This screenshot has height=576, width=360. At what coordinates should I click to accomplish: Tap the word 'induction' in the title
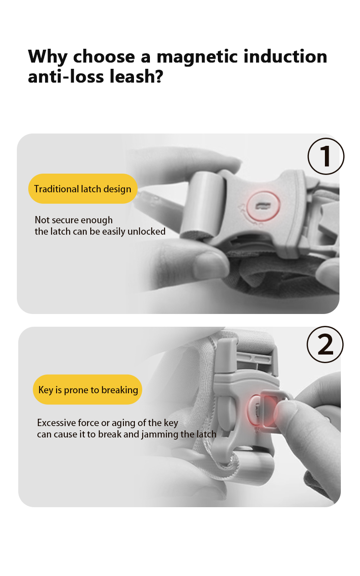[x=285, y=56]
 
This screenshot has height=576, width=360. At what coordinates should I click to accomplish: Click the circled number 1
[x=326, y=156]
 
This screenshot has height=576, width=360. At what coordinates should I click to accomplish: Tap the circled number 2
[x=325, y=345]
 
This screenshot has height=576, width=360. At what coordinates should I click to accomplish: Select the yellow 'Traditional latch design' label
[x=83, y=189]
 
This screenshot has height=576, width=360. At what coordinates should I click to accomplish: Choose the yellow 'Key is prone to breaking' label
[x=87, y=390]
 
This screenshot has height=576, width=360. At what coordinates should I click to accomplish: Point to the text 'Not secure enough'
[x=73, y=220]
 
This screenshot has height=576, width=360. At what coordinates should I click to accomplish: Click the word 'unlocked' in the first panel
[x=146, y=231]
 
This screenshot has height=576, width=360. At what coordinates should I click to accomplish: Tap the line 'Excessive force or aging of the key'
[x=108, y=423]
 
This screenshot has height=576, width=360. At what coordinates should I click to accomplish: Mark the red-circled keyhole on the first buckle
[x=263, y=206]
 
